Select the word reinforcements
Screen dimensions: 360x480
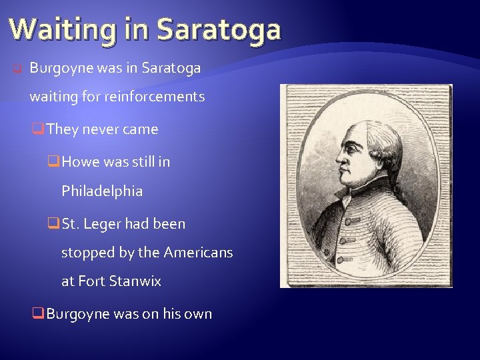[x=154, y=97]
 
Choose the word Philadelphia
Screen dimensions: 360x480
[x=102, y=191]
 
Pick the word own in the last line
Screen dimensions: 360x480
[x=197, y=314]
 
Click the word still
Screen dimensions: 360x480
[x=136, y=161]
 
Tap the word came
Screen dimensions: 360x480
[x=140, y=129]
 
